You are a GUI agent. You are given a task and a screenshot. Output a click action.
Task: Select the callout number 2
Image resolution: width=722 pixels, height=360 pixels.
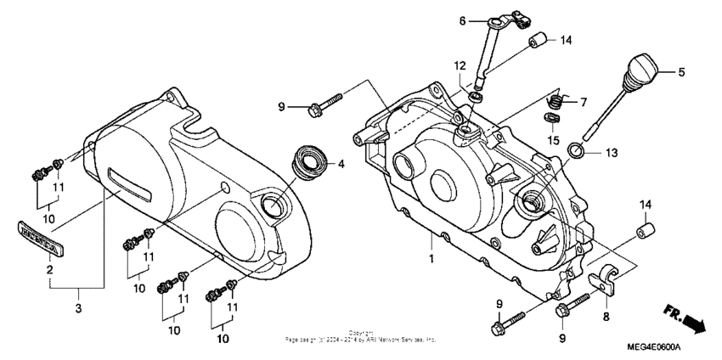coord(50,269)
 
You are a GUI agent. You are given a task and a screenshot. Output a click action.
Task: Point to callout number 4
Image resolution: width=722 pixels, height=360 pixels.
coord(341,164)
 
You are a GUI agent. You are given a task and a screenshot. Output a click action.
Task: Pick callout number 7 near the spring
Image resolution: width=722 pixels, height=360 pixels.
coord(584,103)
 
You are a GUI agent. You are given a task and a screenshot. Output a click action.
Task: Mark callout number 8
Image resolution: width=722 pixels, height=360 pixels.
coord(605,316)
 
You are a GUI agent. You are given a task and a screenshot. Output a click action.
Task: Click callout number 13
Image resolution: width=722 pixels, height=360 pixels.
coord(612,153)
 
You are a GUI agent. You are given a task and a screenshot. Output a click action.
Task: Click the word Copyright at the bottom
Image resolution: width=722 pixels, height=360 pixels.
coord(361,333)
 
